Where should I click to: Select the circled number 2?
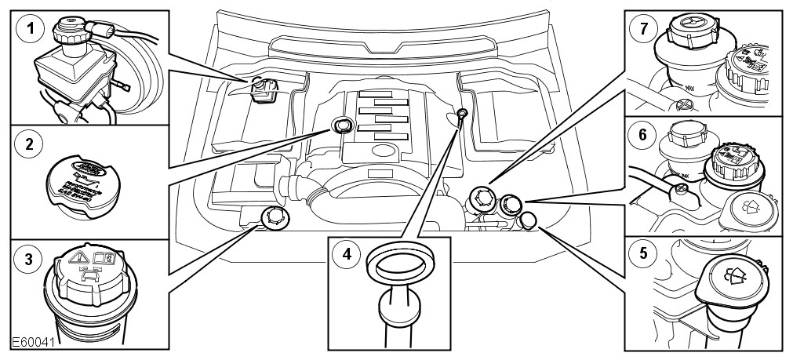click(29, 144)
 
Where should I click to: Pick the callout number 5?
click(642, 253)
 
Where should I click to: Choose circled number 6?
click(642, 135)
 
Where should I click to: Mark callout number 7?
click(642, 30)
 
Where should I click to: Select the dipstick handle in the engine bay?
click(463, 115)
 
